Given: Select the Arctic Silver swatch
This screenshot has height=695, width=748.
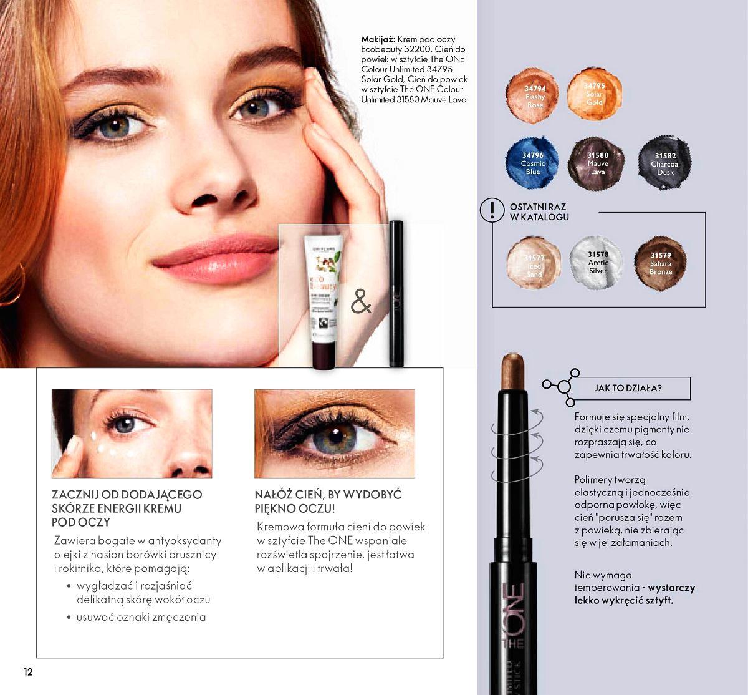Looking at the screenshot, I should (597, 263).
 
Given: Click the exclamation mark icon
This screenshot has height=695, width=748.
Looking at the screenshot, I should (492, 210).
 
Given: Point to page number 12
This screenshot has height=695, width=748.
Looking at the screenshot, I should (28, 672).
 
